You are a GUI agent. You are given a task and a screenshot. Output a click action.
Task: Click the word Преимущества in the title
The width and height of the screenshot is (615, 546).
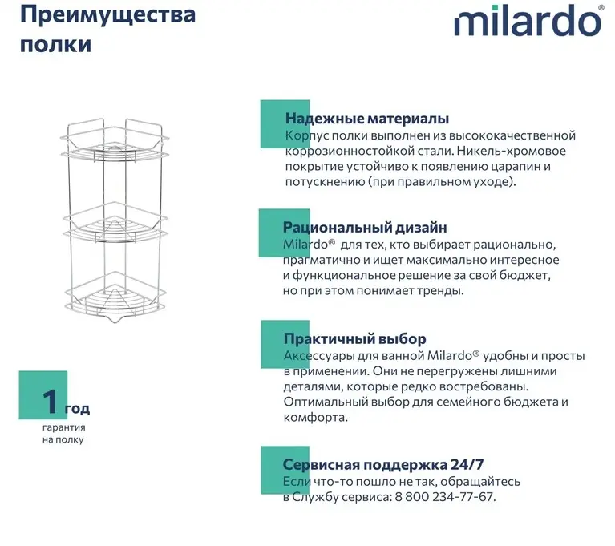(108, 15)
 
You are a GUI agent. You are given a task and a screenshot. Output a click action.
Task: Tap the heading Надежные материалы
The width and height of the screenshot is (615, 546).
(367, 119)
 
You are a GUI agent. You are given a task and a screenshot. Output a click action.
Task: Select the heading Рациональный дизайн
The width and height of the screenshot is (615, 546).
(365, 227)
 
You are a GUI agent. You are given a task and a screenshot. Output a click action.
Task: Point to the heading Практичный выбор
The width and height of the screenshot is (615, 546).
(355, 338)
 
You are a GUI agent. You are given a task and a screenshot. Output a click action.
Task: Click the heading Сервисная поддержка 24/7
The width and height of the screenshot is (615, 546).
(383, 464)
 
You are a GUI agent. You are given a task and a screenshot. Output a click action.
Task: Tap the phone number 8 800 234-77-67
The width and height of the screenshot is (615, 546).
(443, 497)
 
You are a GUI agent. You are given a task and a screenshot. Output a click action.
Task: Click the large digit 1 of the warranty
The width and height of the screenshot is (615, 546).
(51, 401)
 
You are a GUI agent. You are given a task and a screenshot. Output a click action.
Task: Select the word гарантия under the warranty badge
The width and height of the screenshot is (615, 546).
(64, 427)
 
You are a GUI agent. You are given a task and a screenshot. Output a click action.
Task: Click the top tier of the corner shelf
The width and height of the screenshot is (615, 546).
(115, 141)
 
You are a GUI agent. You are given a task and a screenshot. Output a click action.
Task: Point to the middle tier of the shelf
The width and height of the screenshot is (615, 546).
(115, 223)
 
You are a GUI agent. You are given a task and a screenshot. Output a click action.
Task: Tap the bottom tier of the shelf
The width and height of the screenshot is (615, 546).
(115, 297)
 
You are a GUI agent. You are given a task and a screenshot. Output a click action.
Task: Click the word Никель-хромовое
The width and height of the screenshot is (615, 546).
(512, 151)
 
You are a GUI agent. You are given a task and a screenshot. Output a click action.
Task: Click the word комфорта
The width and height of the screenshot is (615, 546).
(316, 418)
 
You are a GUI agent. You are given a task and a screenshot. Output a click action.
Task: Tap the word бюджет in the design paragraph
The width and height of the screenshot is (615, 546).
(524, 275)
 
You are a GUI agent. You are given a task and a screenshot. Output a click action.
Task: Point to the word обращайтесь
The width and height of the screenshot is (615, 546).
(484, 482)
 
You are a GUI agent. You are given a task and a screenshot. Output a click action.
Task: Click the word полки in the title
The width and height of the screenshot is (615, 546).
(55, 44)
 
